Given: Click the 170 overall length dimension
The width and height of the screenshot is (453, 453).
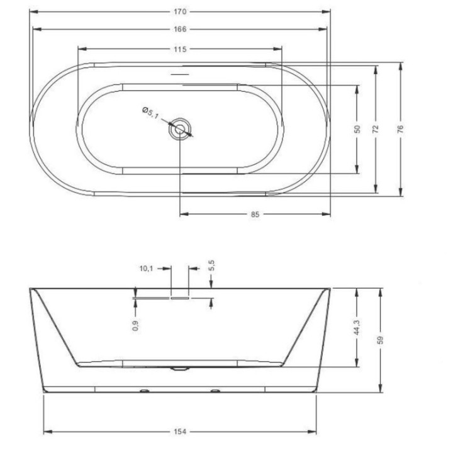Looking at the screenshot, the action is coord(180,12).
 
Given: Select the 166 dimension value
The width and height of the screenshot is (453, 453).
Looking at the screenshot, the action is coord(180,29).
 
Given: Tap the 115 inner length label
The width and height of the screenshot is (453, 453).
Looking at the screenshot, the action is coord(180,50).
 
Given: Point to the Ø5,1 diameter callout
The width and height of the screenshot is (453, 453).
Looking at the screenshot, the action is coord(150,113).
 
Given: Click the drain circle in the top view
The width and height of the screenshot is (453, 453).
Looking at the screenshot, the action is coord(180,129).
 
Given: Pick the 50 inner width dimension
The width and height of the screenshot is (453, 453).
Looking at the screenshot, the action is coord(357,129).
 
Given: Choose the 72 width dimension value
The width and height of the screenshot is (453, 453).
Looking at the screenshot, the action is coord(376,129).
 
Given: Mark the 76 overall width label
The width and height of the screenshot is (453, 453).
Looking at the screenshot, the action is coord(400,128).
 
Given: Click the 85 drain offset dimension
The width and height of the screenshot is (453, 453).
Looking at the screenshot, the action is coord(255,215).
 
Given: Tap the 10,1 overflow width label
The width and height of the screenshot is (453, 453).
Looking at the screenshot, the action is coord(146,269).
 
